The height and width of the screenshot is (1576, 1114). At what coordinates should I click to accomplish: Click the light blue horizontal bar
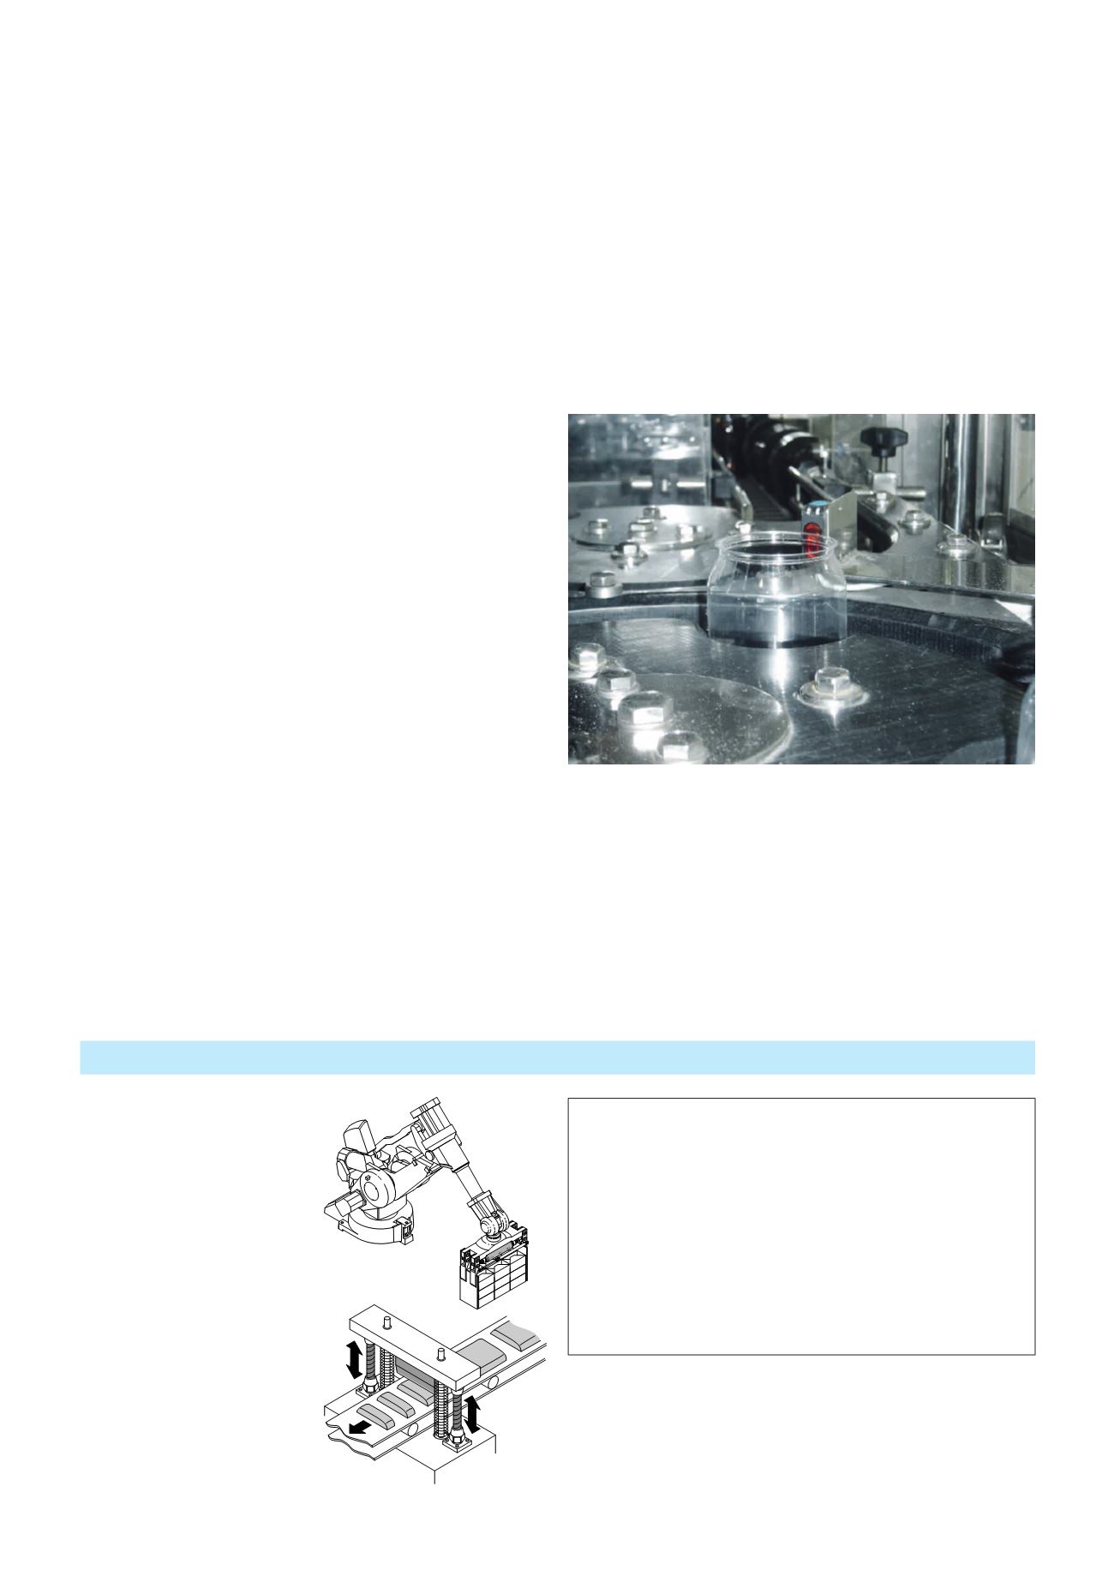point(557,1057)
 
